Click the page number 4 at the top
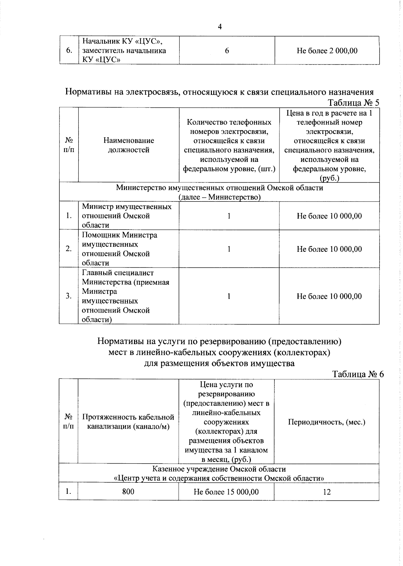tap(220, 27)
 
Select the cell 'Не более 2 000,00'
tap(327, 51)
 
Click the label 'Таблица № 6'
tap(358, 374)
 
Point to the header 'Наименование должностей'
tap(129, 145)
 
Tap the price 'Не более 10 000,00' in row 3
tap(329, 296)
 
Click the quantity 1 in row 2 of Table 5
tap(229, 249)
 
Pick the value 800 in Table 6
tap(128, 491)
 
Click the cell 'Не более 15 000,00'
tap(226, 492)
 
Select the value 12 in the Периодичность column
tap(326, 492)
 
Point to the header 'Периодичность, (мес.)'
tap(326, 422)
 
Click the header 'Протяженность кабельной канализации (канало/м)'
tap(128, 422)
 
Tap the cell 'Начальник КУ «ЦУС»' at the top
tap(124, 50)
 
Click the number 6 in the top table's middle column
tap(227, 51)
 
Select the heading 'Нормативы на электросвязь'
tap(219, 92)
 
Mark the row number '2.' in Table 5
tap(69, 249)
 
